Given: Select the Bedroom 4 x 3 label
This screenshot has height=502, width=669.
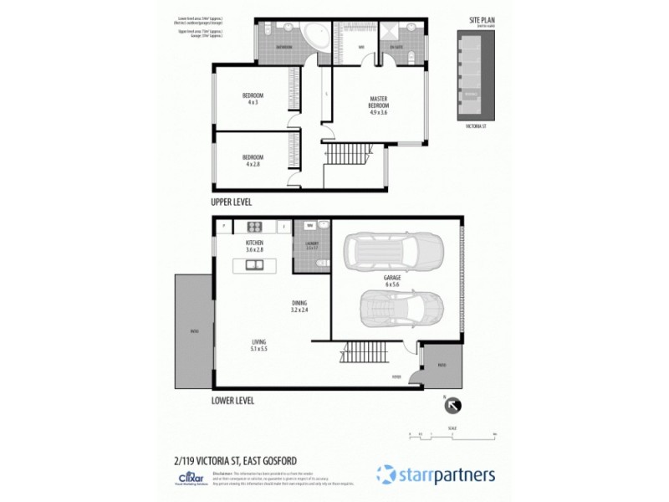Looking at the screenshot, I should click(x=253, y=97).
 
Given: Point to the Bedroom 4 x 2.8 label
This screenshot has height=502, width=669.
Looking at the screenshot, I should click(x=253, y=160).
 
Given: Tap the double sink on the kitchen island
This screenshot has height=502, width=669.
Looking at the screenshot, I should click(x=254, y=266).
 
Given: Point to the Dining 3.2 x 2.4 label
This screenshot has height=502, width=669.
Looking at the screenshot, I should click(x=299, y=305).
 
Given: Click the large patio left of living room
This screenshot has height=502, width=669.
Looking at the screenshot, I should click(x=194, y=330).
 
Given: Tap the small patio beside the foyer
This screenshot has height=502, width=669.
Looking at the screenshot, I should click(x=441, y=365).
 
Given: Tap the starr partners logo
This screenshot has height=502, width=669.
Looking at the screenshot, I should click(x=435, y=474).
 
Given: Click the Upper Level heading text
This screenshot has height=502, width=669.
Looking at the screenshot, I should click(x=231, y=202).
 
